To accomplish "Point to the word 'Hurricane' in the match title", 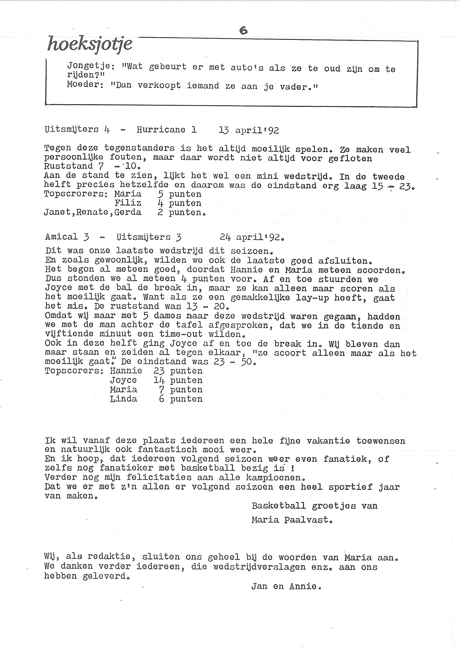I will (161, 130).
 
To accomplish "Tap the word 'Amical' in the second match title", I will (61, 237).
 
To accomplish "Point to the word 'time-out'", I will (181, 334).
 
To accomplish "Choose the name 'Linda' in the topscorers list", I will (124, 399).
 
